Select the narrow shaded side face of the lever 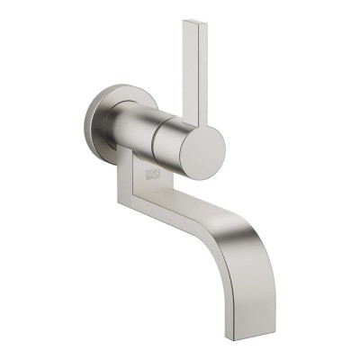[x=184, y=72]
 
